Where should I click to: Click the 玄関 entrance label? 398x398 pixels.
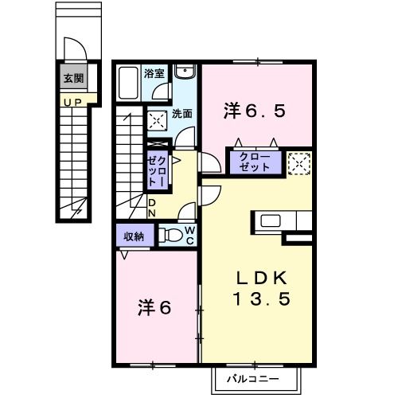coord(74,79)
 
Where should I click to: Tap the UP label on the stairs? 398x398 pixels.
coord(73,101)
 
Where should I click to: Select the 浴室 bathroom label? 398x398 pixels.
coord(154,73)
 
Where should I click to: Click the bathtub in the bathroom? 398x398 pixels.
coord(127,83)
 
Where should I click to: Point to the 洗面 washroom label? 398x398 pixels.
coord(181,113)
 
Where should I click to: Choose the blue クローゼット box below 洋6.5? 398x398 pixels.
coord(255,163)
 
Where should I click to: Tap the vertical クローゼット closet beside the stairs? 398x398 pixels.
coord(155,171)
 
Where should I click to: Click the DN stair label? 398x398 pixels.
coord(152,209)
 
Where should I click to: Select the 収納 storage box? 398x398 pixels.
coord(133,236)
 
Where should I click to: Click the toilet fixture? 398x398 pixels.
coord(171,235)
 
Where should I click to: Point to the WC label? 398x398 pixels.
coord(190,235)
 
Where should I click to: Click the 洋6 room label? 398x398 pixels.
coord(155,306)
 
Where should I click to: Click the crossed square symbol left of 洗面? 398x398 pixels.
coord(156,120)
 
